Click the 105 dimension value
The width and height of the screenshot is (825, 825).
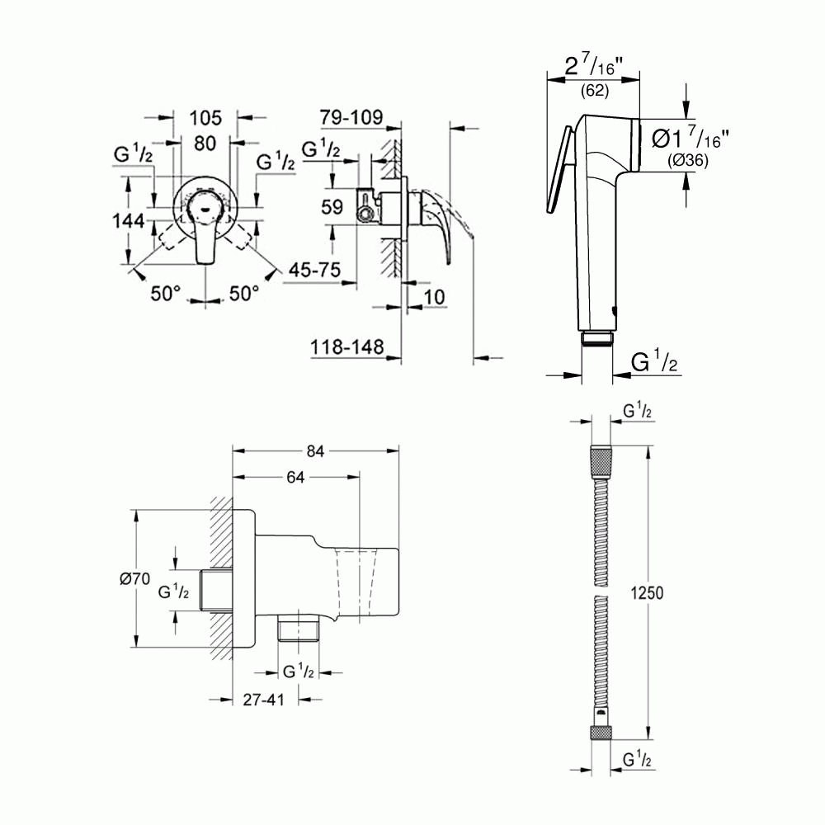(205, 117)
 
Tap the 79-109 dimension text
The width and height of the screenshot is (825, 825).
(351, 117)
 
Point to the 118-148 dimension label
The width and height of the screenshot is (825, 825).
(347, 348)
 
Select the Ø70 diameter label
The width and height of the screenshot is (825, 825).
(134, 579)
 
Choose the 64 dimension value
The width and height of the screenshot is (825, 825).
(296, 477)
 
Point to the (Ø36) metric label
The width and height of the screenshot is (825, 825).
(686, 162)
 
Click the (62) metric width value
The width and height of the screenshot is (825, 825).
(594, 92)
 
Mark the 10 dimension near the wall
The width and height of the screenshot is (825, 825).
(434, 296)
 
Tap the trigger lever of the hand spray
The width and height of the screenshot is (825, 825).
(559, 169)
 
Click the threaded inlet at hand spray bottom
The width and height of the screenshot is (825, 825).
(596, 338)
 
